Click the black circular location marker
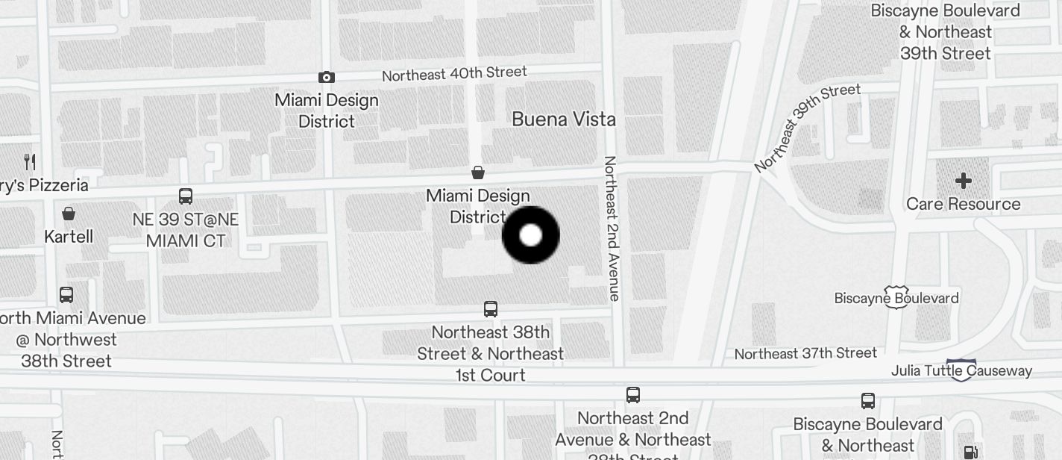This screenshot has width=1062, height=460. (530, 235)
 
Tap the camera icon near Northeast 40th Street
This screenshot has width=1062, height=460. (326, 77)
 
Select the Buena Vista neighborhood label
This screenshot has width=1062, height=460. (564, 119)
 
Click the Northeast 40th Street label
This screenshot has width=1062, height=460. (454, 73)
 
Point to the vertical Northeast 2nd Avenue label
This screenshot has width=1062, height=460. (612, 228)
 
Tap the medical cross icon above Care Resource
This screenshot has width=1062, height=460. (963, 181)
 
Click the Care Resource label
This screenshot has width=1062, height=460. (963, 204)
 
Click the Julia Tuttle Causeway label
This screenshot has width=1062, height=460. (961, 370)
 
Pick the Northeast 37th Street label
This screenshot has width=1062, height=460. (805, 352)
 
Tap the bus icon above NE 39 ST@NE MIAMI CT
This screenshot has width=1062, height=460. (186, 196)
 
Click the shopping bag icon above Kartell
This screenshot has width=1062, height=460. (69, 214)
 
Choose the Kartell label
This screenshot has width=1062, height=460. (69, 237)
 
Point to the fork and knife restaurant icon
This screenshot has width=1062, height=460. (30, 161)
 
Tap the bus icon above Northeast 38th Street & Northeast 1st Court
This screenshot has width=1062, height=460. (491, 309)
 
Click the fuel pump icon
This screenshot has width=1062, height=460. (970, 452)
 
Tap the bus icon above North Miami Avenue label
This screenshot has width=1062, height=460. (66, 295)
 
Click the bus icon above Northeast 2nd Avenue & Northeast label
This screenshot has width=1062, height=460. (632, 394)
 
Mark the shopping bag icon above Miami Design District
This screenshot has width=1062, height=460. (478, 173)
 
